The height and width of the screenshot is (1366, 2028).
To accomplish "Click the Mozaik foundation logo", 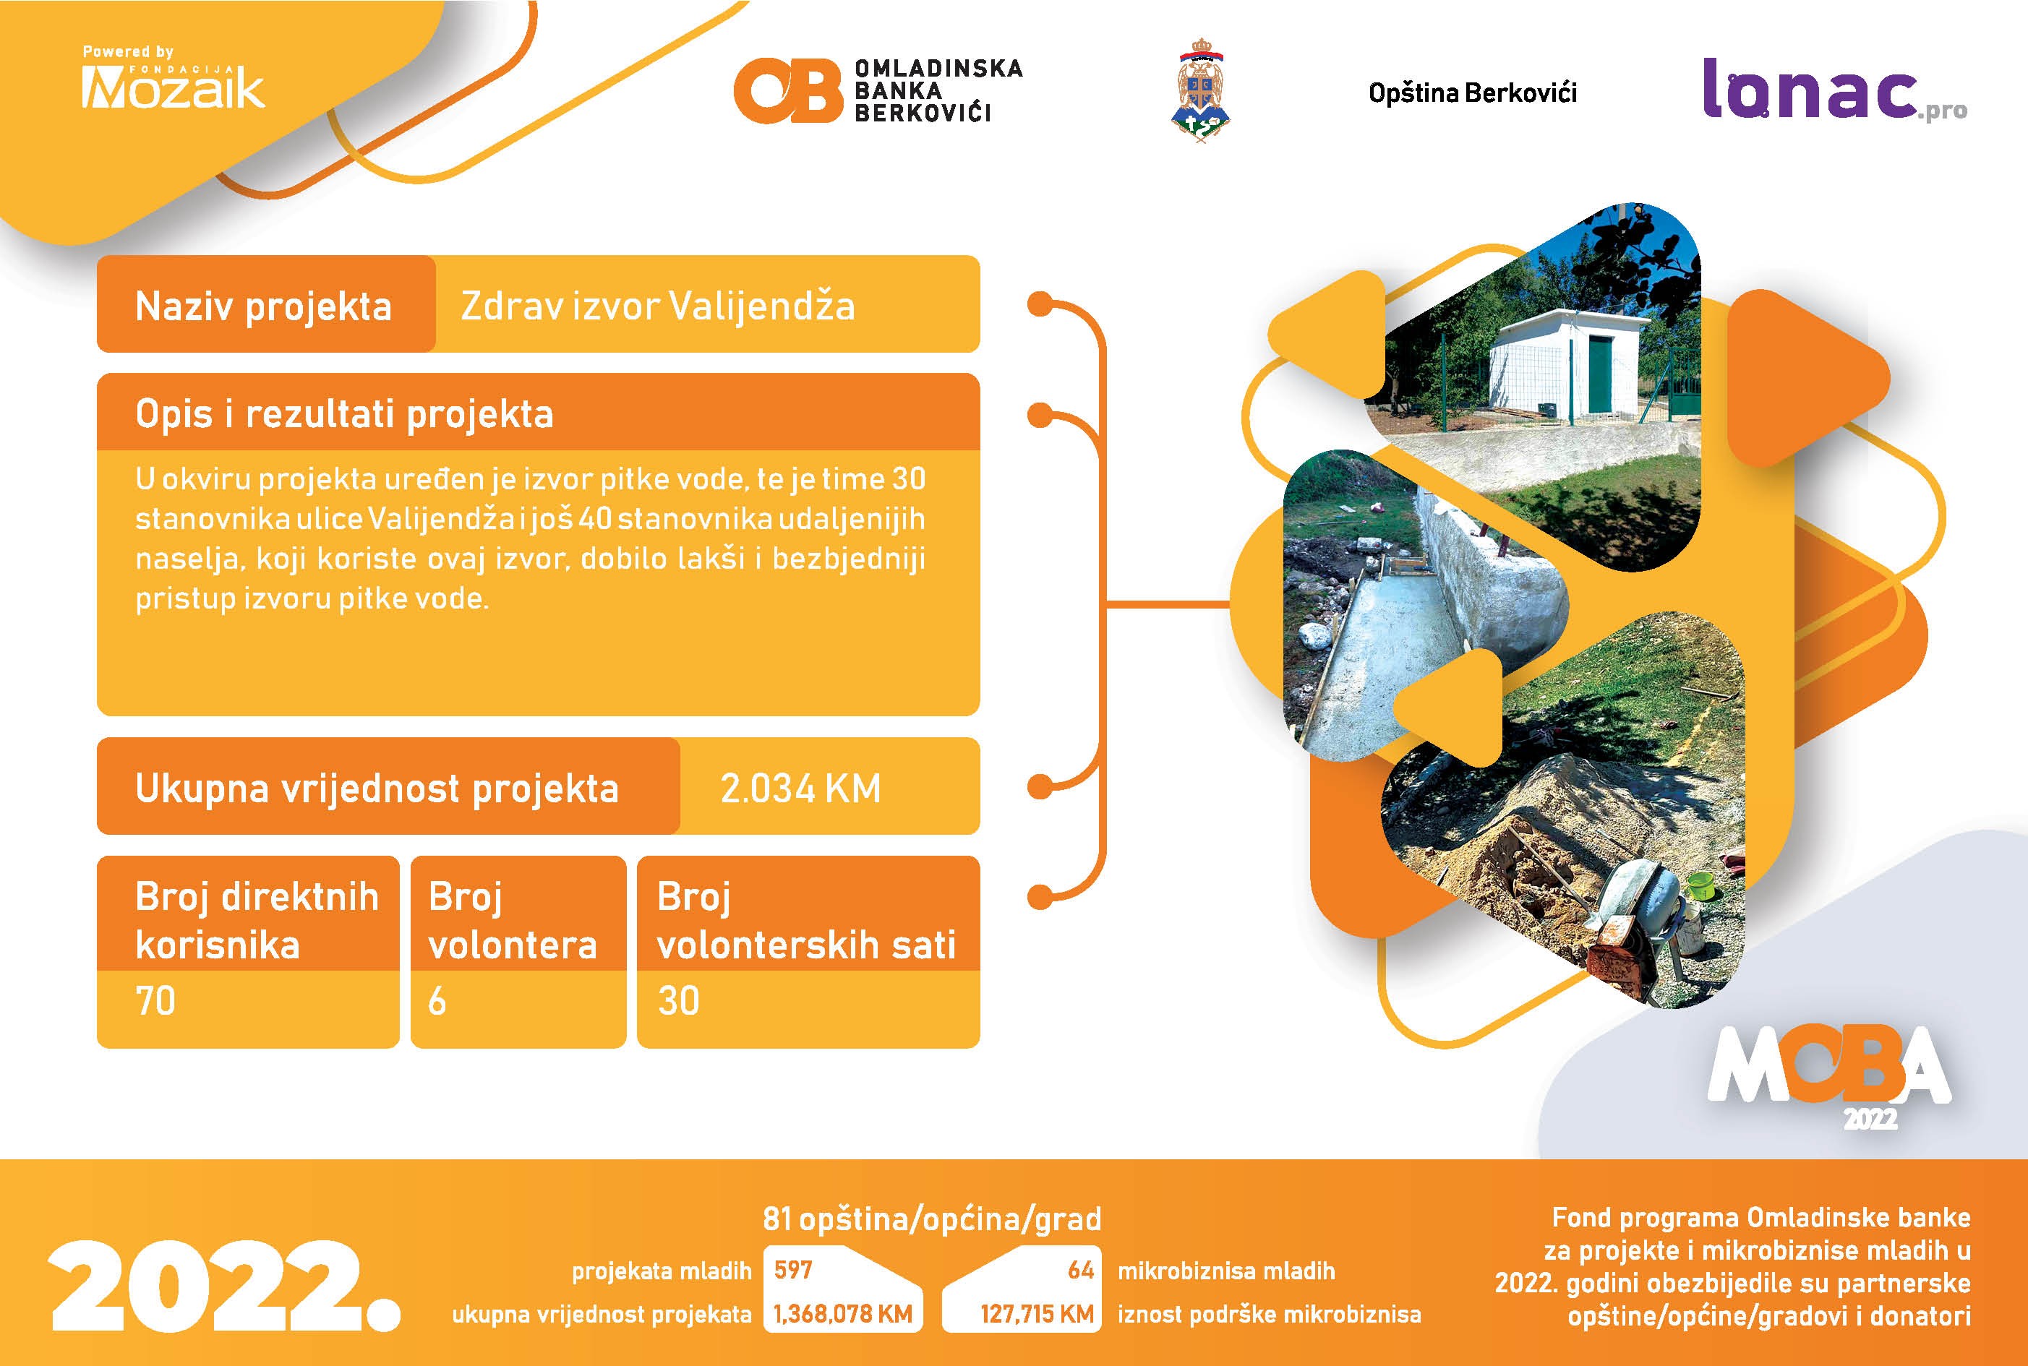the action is click(x=173, y=78).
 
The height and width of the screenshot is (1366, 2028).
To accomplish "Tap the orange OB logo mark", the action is click(x=788, y=90).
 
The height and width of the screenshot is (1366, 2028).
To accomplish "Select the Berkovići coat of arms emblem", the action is click(x=1201, y=90).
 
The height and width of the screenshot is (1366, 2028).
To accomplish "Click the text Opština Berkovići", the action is click(x=1472, y=93).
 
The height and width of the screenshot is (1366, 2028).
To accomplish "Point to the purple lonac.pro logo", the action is click(x=1834, y=90).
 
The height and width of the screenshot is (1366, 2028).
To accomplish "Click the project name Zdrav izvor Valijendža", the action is click(x=657, y=306).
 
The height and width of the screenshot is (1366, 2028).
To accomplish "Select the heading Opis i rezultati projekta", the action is click(x=344, y=414).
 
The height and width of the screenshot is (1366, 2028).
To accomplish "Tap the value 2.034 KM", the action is click(x=800, y=789).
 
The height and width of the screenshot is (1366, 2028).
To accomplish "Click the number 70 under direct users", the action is click(x=155, y=1001).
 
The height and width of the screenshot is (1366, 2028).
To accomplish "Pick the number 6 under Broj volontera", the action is click(x=437, y=1001).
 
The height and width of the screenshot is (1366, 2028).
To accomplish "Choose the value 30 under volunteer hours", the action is click(x=678, y=1001).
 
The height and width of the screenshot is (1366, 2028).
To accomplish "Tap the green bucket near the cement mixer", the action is click(x=1701, y=886).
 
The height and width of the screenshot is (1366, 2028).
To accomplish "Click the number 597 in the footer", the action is click(x=793, y=1269).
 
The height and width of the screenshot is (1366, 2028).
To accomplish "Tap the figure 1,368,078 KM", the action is click(x=843, y=1314).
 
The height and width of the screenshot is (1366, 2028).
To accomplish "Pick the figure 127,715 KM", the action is click(x=1036, y=1314).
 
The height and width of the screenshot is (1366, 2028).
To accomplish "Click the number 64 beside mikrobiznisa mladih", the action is click(x=1081, y=1269).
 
